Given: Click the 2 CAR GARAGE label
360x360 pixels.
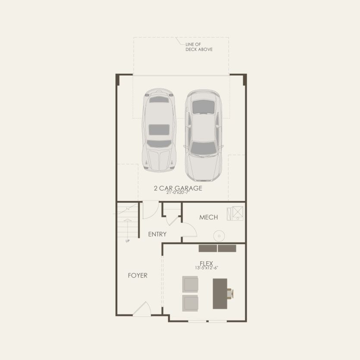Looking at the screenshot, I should tap(178, 188).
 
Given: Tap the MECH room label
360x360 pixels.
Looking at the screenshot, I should tap(208, 217).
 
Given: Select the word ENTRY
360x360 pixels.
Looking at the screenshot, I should tap(157, 234).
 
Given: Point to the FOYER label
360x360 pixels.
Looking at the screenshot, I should tap(138, 275).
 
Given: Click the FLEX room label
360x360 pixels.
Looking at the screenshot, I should tap(207, 263).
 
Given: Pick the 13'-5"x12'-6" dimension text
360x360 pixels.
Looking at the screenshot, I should tap(207, 268).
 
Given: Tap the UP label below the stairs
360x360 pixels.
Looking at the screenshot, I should tap(128, 241).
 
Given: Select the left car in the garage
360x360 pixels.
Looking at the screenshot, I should tap(159, 129).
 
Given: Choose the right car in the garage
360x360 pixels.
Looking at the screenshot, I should tap(202, 135).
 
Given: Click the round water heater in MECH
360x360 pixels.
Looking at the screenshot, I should tap(219, 235).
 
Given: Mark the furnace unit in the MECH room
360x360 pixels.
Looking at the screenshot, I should tap(238, 213).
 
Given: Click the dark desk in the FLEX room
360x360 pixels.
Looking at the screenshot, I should tap(219, 293).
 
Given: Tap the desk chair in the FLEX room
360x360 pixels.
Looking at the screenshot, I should tap(231, 294).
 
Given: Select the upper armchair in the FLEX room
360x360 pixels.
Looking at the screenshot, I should tap(190, 285).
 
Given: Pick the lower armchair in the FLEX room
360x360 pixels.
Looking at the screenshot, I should tap(190, 303).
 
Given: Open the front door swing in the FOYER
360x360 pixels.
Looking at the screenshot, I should tap(143, 310).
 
